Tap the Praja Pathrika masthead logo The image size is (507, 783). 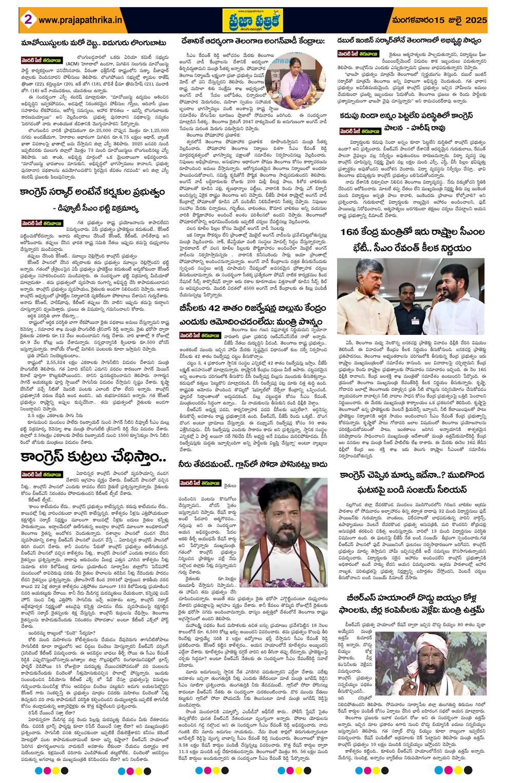pyautogui.click(x=253, y=20)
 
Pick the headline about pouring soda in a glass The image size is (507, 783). pyautogui.click(x=254, y=464)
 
